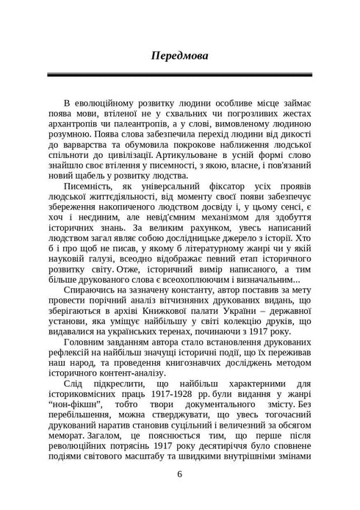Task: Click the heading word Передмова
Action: coord(180,55)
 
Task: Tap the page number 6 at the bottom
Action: coord(180,474)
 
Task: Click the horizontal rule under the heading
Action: coord(180,75)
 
